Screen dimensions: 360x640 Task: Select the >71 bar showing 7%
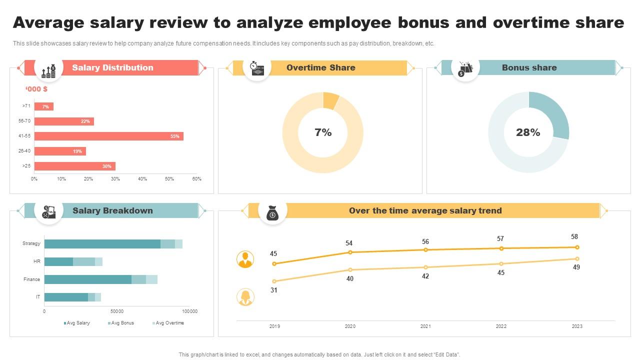coord(44,106)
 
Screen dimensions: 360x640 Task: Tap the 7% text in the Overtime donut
coord(323,132)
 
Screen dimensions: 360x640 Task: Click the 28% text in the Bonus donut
coord(528,132)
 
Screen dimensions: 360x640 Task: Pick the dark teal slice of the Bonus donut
coord(555,112)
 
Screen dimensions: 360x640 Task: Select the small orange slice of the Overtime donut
coord(330,100)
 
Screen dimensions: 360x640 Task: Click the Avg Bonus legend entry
coord(120,323)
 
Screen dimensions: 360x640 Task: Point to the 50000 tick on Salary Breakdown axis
coord(116,311)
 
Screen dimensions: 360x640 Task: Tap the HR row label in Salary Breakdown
coord(37,261)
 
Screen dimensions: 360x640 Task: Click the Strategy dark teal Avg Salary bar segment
coord(102,244)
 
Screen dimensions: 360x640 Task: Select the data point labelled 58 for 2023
coord(577,247)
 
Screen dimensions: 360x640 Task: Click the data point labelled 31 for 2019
coord(274,281)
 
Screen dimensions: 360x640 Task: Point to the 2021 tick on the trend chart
coord(425,326)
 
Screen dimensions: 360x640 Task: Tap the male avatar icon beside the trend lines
coord(245,259)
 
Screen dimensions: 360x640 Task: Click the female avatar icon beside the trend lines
coord(245,297)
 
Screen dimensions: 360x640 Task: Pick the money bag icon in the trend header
coord(272,212)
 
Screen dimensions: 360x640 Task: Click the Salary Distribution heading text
coord(112,67)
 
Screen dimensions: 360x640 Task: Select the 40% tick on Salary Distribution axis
coord(142,179)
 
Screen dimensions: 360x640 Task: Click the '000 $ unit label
coord(36,89)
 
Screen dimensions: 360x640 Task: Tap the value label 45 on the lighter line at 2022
coord(501,273)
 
